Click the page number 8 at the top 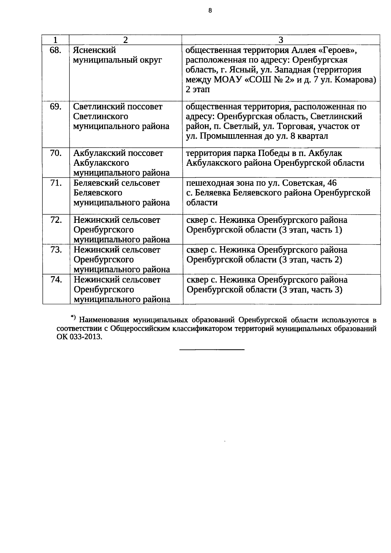(210, 11)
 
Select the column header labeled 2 (125, 40)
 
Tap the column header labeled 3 (281, 40)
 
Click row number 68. (56, 50)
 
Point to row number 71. (56, 183)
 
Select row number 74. (56, 280)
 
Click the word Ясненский (94, 50)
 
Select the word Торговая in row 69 (276, 126)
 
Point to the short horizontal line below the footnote (212, 350)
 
